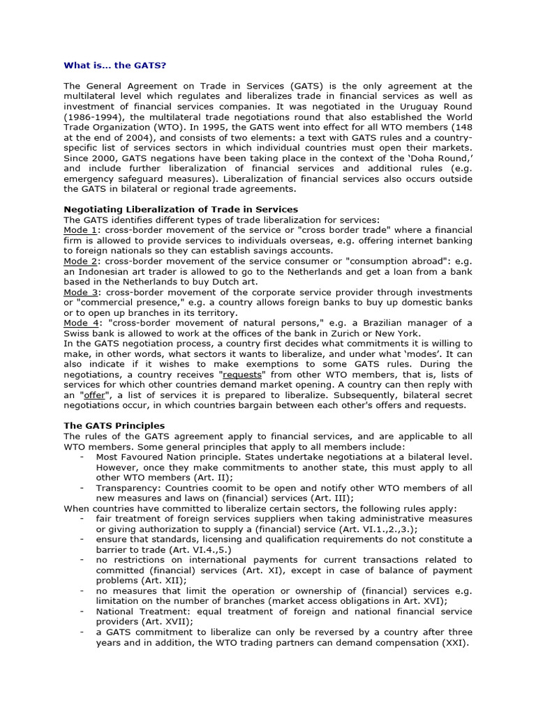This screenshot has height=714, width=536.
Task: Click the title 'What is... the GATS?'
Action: [115, 65]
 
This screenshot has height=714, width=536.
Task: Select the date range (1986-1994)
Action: [94, 117]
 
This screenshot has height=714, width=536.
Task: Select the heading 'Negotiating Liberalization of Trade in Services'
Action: [181, 209]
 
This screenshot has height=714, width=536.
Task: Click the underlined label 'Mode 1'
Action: [80, 230]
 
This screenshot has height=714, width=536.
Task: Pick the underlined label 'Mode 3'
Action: [80, 292]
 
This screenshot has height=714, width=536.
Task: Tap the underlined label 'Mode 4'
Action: [80, 323]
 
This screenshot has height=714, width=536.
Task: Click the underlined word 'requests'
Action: [244, 374]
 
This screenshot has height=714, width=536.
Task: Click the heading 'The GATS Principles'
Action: [114, 426]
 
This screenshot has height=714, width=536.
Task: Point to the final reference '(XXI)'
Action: [455, 642]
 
